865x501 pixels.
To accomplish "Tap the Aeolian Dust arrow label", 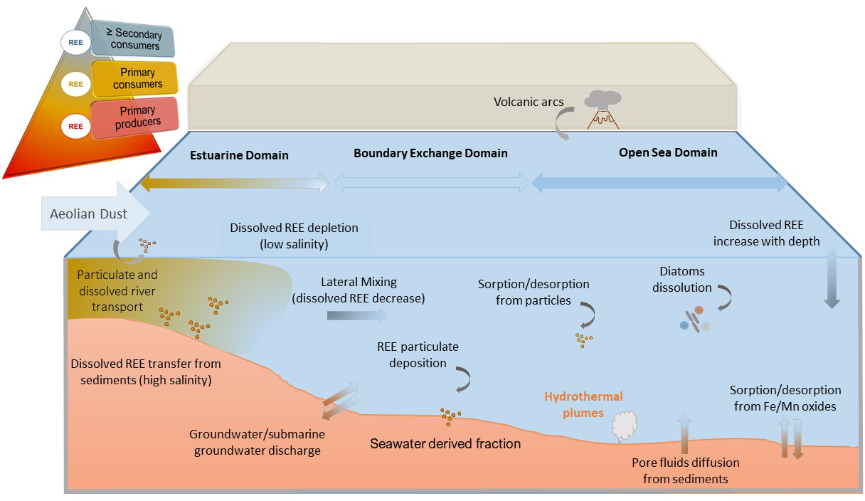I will [89, 213].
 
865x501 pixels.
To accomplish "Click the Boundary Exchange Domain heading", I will [430, 153].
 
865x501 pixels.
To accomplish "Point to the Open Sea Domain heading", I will [667, 152].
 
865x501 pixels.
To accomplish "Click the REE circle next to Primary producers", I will [75, 126].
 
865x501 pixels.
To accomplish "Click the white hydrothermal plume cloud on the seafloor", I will [624, 426].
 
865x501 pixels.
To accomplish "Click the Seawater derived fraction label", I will [445, 443].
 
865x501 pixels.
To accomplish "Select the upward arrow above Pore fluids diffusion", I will [684, 434].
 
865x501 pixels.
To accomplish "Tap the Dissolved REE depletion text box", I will [294, 236].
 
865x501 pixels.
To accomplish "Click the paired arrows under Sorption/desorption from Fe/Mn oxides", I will [790, 438].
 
